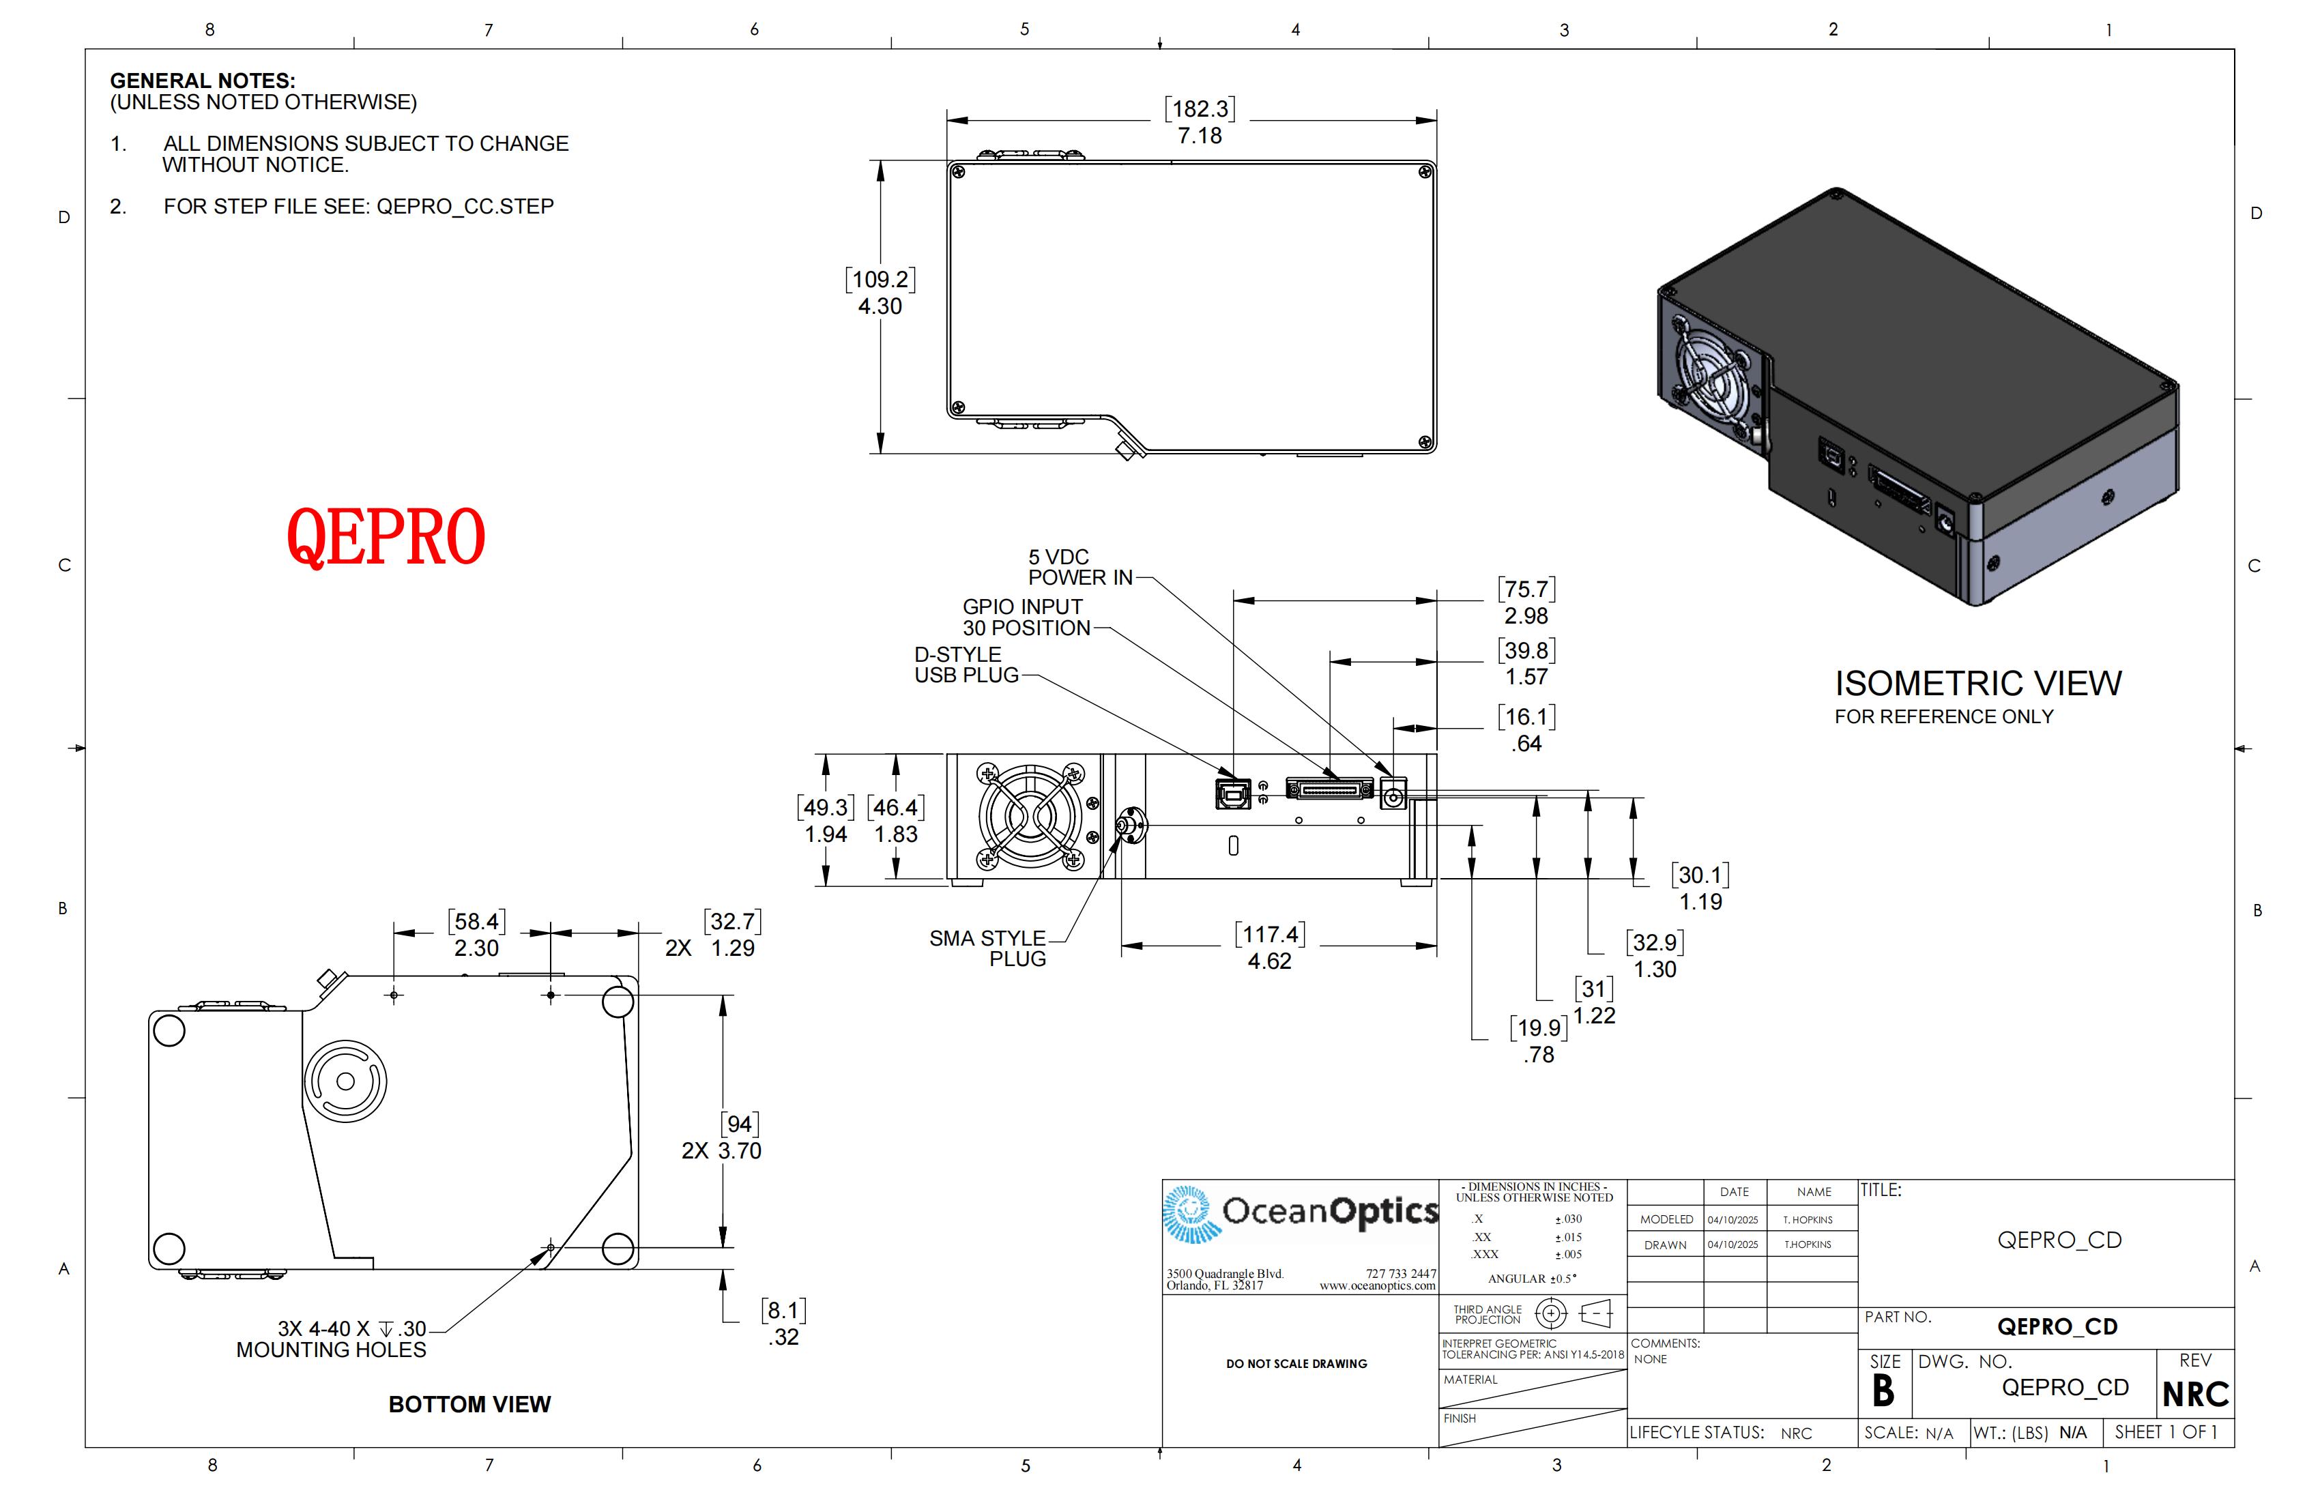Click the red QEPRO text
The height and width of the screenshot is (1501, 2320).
[x=386, y=536]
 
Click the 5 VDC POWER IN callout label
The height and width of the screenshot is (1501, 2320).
[x=1080, y=567]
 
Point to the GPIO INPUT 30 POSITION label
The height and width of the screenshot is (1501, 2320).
[x=1026, y=617]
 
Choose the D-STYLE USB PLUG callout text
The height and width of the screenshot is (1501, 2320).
[x=966, y=665]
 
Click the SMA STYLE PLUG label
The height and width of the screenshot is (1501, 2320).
[x=987, y=948]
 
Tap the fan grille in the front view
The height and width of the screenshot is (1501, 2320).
[x=1030, y=816]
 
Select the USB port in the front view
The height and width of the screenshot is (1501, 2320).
[x=1233, y=793]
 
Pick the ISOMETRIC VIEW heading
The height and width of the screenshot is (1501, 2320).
[x=1978, y=683]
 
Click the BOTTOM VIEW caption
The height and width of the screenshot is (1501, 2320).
[x=470, y=1405]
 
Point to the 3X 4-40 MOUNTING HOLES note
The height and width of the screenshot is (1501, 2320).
[x=332, y=1339]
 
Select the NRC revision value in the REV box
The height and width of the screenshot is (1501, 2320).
[x=2195, y=1395]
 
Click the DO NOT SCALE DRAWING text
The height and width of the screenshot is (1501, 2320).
[x=1296, y=1364]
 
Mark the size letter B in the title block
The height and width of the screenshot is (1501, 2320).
[x=1883, y=1392]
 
